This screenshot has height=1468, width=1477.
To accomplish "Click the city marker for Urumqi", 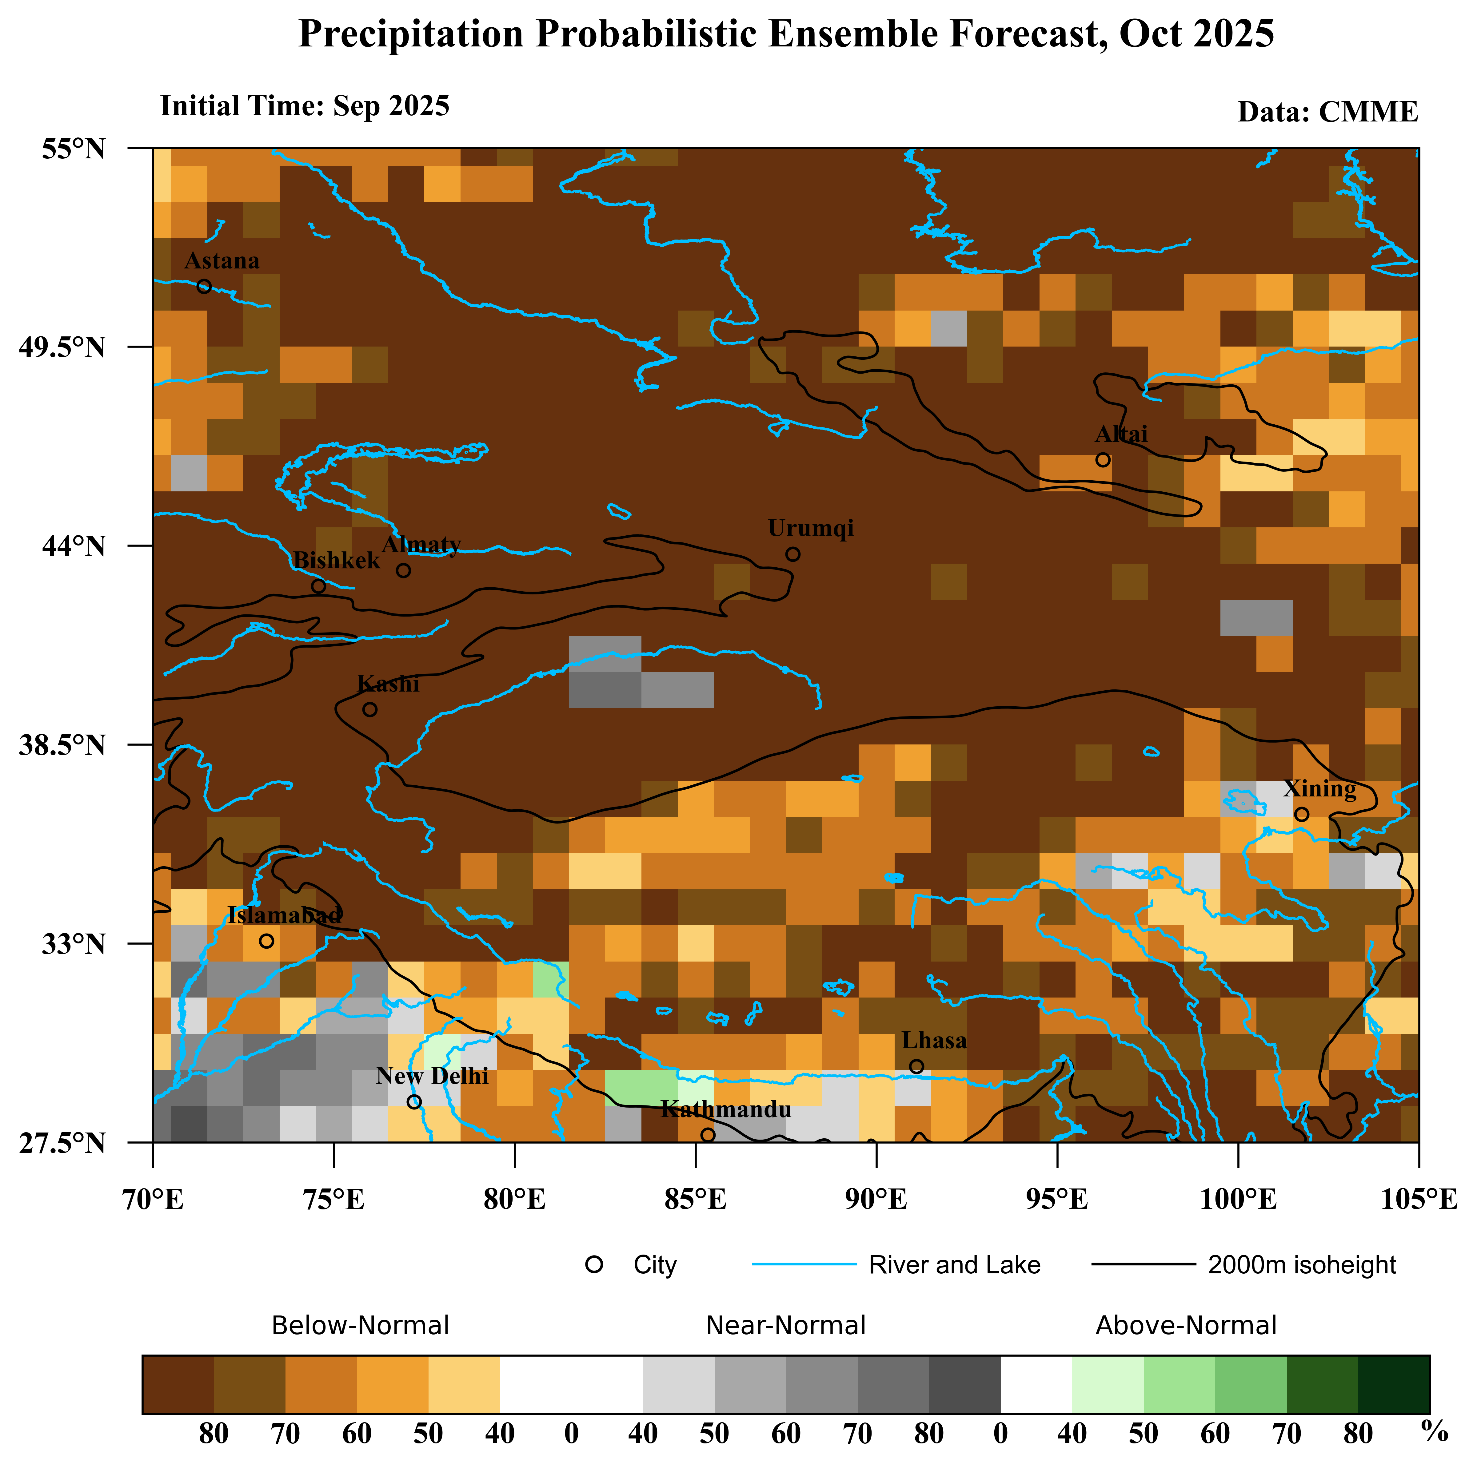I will [793, 554].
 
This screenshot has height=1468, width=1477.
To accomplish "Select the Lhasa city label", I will [933, 1041].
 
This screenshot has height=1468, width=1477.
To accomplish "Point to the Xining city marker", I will [1301, 815].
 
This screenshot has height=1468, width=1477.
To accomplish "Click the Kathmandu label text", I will [725, 1109].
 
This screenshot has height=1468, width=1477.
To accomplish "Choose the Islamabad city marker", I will [266, 941].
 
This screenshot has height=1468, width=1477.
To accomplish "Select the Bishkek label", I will [336, 561].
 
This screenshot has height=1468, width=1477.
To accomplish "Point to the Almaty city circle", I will [404, 571].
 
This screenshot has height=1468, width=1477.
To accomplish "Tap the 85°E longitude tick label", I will [695, 1200].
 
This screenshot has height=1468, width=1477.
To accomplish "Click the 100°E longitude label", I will [1238, 1200].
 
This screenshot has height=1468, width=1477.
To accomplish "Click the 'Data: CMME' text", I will [1328, 112].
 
